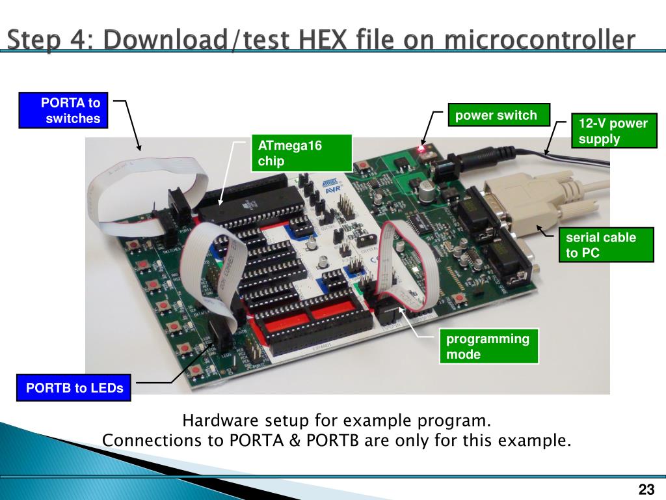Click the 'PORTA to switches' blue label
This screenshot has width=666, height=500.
point(63,110)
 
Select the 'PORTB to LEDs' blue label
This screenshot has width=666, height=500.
point(73,387)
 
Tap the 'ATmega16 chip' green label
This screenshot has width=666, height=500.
point(302,153)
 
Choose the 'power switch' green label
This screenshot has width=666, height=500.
point(499,115)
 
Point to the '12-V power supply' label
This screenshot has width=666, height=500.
point(614,130)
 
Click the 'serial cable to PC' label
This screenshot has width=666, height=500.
point(606,245)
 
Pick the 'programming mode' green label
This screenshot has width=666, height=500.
point(489,346)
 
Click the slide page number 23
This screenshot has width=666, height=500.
point(646,489)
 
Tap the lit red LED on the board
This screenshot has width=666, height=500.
point(421,149)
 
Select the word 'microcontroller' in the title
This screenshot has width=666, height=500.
point(539,39)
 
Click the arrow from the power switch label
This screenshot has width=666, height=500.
point(430,127)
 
